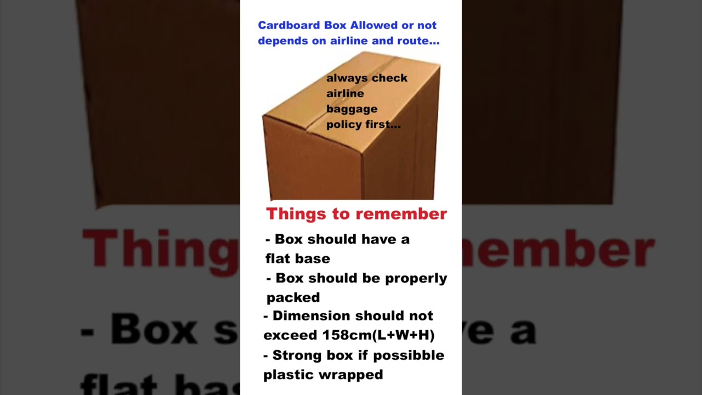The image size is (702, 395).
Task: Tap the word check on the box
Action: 389,78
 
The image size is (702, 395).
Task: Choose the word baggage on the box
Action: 352,109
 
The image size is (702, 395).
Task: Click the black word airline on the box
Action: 345,94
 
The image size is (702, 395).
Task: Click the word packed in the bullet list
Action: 293,298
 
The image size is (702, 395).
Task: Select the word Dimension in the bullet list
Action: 311,316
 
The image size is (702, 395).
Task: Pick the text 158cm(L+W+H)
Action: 386,335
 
